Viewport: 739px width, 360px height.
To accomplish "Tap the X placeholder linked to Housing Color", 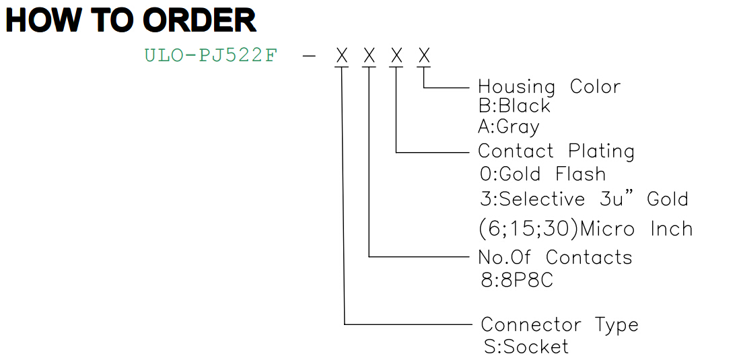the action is [424, 56].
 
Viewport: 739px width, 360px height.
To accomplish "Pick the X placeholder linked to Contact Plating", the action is [397, 56].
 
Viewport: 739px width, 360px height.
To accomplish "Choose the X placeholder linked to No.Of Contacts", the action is [369, 56].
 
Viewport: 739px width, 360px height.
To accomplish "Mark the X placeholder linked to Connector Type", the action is [342, 56].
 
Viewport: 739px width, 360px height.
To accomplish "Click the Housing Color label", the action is [549, 87].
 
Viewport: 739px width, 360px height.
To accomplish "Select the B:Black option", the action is [514, 106].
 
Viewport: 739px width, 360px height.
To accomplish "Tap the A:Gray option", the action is [509, 127].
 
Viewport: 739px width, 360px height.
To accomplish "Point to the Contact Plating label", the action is [556, 151].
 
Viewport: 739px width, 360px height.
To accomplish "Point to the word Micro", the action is [610, 229].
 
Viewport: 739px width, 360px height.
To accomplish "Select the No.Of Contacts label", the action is [555, 257].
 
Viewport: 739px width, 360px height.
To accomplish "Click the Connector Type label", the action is [559, 325].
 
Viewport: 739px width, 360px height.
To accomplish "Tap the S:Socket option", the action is [526, 347].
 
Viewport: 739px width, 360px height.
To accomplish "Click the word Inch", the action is [672, 229].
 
